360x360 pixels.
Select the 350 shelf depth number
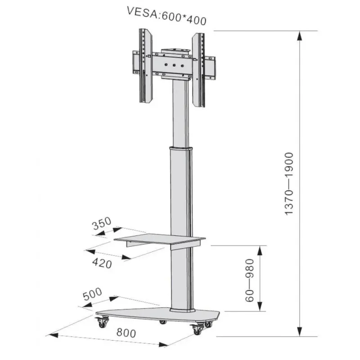[101, 225]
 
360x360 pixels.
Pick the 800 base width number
[126, 333]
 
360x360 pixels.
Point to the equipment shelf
[160, 240]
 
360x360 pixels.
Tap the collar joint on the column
[181, 148]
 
